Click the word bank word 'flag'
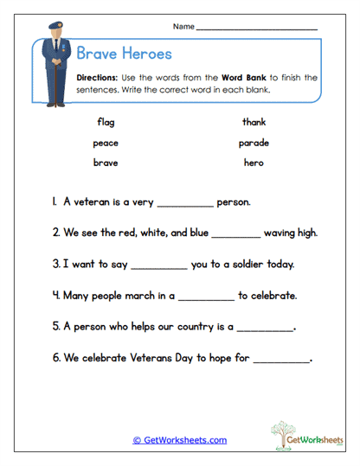106,122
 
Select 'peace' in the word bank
106,143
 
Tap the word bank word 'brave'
106,163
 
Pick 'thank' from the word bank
254,122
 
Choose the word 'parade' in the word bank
254,143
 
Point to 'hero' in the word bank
254,163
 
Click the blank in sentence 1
185,205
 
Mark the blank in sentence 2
235,235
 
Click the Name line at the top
257,29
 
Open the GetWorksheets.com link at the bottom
180,440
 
